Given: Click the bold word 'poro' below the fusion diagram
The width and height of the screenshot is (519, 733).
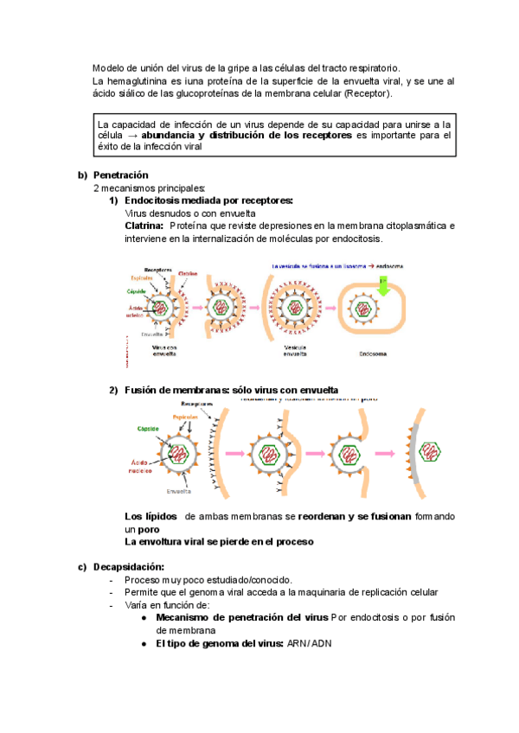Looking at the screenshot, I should tap(137, 528).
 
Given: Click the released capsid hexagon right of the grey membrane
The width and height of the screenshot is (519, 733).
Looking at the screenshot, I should tap(428, 451).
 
